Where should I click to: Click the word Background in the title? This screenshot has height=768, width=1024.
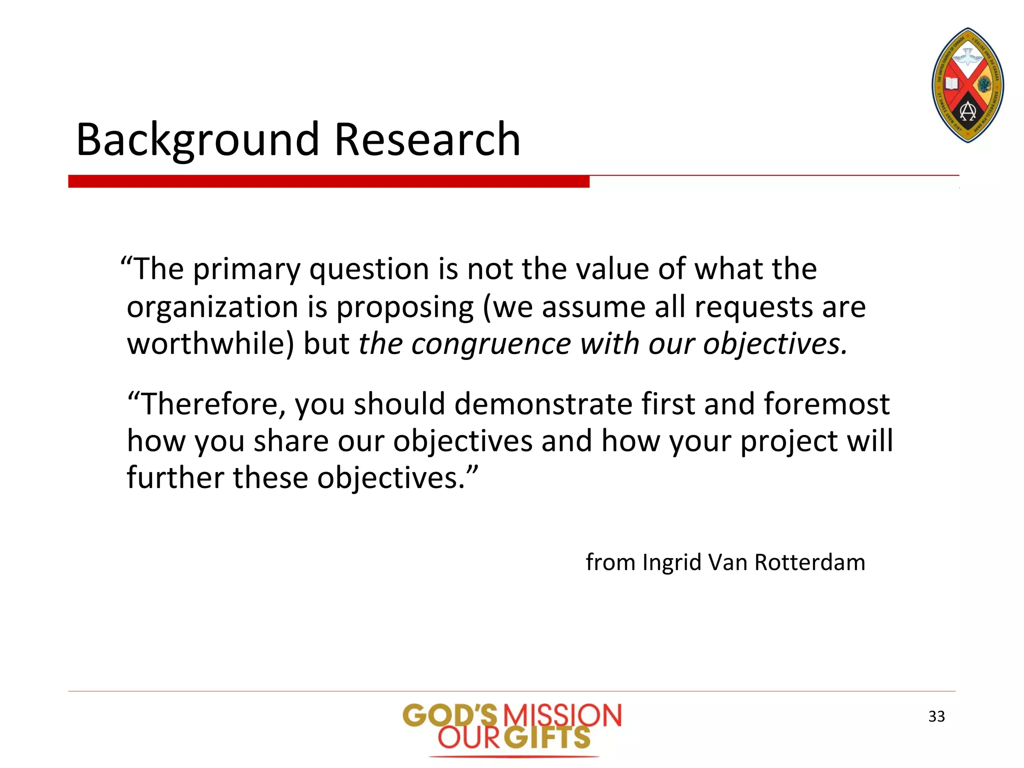[x=198, y=140]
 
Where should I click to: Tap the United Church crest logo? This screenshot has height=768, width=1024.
[x=967, y=85]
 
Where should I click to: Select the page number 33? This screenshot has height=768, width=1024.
[x=936, y=716]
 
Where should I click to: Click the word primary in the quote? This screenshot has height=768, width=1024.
[x=247, y=270]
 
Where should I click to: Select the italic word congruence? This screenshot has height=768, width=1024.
[x=491, y=344]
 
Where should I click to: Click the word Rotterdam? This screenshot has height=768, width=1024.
[x=809, y=562]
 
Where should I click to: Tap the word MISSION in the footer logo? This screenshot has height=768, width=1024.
[x=561, y=716]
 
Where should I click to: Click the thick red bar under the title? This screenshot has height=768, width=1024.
[x=328, y=181]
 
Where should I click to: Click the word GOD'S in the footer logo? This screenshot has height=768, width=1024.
[x=450, y=716]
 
